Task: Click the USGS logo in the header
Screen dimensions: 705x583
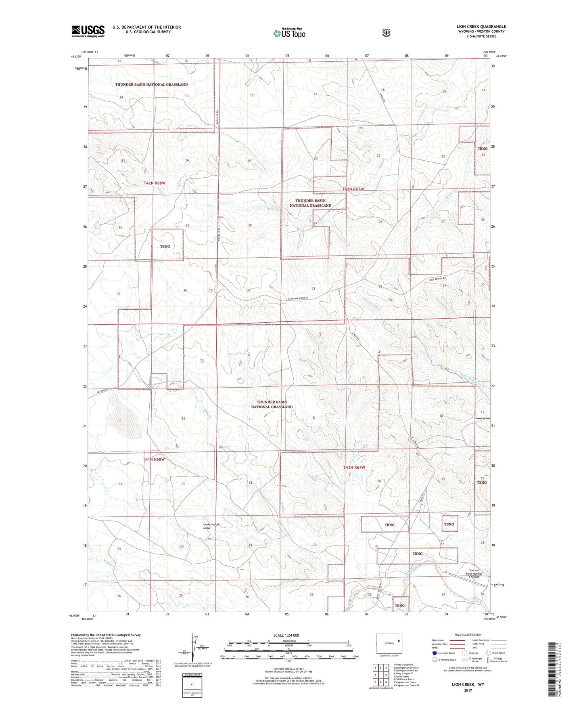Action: coord(88,31)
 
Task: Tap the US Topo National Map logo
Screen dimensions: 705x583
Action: coord(289,33)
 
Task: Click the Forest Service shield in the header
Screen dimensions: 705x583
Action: coord(386,33)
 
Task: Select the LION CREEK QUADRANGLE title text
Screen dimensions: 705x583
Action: coord(479,27)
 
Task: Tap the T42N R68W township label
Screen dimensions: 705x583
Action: coord(155,183)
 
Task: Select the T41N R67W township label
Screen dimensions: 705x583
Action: coord(354,467)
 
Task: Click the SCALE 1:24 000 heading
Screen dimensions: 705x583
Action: coord(286,635)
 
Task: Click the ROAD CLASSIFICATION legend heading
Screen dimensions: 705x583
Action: coord(468,635)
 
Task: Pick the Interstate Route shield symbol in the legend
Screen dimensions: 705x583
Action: coord(434,653)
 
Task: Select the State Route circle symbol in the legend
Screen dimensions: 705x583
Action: coord(489,653)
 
